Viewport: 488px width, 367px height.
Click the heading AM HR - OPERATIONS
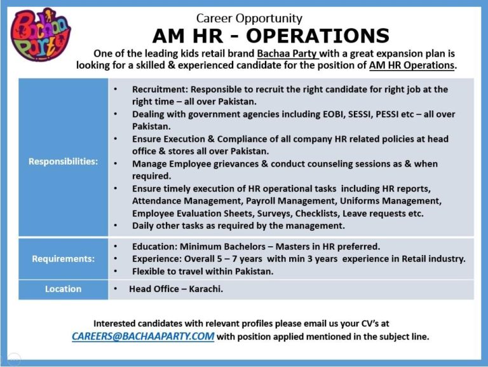271,36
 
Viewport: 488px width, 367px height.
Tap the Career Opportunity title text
249,18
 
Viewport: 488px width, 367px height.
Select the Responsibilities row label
64,161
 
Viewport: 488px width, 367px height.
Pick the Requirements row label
64,259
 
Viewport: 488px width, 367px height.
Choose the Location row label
64,289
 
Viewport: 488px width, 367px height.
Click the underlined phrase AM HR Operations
412,66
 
